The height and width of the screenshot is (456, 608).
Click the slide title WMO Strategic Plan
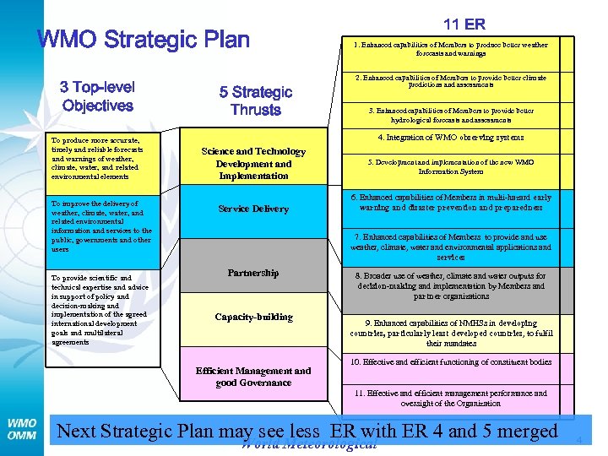[x=144, y=40]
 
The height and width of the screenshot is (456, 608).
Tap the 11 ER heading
[x=464, y=24]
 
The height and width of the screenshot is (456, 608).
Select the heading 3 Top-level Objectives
[x=97, y=96]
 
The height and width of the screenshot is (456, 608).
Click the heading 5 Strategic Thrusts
[x=255, y=101]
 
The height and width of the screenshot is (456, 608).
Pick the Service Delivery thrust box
[x=253, y=209]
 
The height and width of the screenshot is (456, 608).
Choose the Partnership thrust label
[x=253, y=273]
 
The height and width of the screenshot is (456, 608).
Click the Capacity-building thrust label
[x=253, y=318]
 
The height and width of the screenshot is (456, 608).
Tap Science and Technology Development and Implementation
[x=253, y=164]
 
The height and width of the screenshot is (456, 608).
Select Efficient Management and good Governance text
[x=253, y=377]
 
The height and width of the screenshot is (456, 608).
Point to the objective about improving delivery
[x=100, y=226]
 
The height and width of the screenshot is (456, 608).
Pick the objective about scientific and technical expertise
[x=99, y=309]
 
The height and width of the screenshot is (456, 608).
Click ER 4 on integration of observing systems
[x=450, y=137]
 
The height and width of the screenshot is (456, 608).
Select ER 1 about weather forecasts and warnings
[x=450, y=49]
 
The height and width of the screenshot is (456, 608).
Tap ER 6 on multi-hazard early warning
[x=450, y=203]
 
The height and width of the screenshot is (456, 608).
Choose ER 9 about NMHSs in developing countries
[x=450, y=333]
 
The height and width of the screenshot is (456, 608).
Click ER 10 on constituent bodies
[x=450, y=362]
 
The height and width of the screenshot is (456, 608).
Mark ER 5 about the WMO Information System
[x=450, y=166]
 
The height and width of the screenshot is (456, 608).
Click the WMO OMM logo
[x=22, y=428]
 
